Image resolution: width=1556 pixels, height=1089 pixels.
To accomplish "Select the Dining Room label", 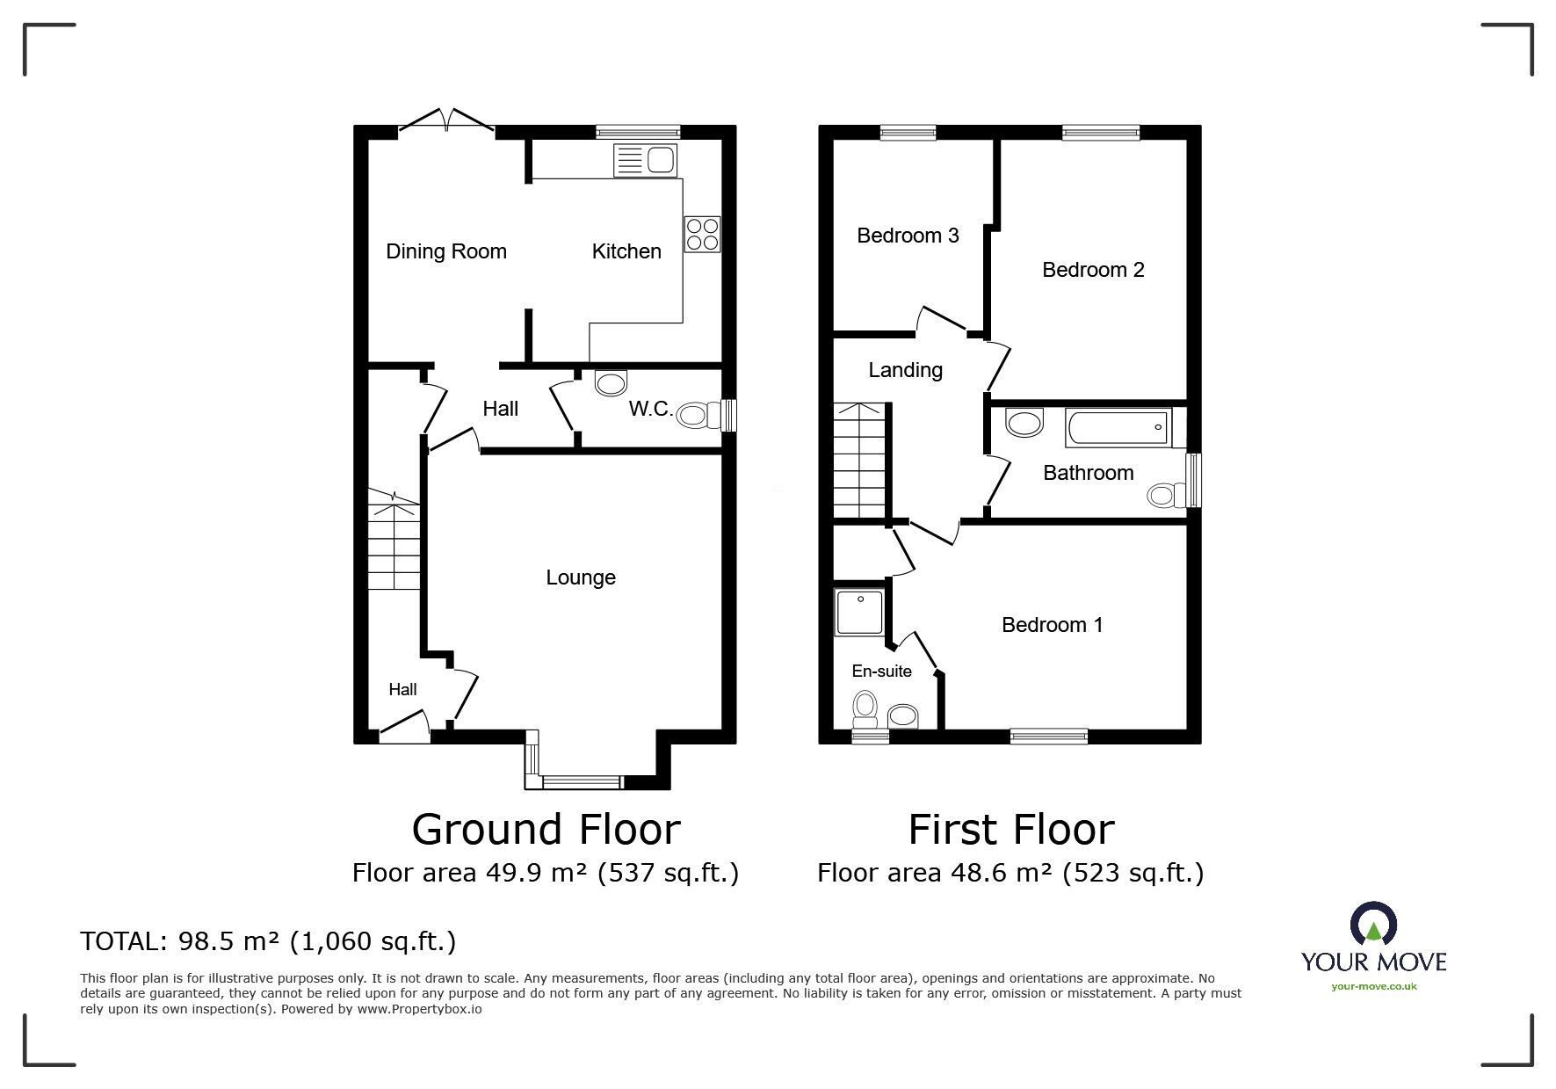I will (446, 251).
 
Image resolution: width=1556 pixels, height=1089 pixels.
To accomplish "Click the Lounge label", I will (581, 577).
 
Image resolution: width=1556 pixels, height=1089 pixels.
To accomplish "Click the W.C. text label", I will (651, 409).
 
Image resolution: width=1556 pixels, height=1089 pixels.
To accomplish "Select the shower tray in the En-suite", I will (859, 613).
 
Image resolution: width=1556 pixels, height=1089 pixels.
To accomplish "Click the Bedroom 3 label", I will (908, 236).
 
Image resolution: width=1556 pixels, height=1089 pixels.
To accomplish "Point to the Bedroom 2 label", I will (1093, 270).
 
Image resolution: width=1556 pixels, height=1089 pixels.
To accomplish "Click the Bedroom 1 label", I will (1052, 625).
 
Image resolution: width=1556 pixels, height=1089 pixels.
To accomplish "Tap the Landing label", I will (905, 370).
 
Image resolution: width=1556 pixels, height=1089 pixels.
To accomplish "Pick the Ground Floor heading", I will (546, 829).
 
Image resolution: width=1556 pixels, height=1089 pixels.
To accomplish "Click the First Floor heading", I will (1010, 829).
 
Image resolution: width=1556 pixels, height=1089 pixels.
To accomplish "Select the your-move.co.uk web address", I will (1374, 986).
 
